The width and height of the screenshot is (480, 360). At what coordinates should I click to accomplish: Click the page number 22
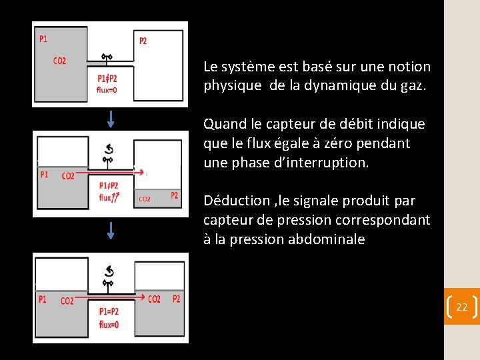[x=461, y=307]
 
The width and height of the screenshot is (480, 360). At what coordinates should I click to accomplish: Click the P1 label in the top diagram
[x=43, y=39]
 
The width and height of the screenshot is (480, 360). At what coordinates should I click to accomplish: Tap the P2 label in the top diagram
[x=143, y=41]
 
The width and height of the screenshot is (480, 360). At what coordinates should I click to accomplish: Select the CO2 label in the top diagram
[x=59, y=61]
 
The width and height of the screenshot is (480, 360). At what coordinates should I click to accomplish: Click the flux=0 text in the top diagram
[x=107, y=89]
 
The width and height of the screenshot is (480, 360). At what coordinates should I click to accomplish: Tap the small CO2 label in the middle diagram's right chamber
[x=145, y=199]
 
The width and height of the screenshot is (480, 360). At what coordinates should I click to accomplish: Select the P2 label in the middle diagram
[x=174, y=195]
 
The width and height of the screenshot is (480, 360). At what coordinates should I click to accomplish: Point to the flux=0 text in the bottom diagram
[x=109, y=325]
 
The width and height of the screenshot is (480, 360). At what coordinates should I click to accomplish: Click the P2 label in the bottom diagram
[x=176, y=299]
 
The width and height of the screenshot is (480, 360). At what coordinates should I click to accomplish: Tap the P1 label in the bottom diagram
[x=43, y=299]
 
